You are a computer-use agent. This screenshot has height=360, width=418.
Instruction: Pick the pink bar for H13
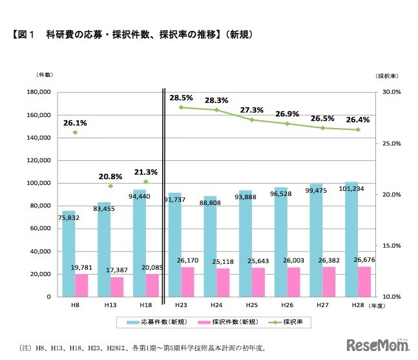click(117, 286)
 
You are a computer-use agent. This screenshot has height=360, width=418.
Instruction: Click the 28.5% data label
click(181, 98)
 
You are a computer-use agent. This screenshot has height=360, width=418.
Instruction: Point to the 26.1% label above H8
click(75, 122)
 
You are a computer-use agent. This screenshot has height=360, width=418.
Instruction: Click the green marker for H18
click(146, 182)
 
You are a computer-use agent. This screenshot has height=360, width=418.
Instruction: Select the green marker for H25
click(252, 120)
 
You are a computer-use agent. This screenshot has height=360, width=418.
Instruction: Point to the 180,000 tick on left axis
click(38, 92)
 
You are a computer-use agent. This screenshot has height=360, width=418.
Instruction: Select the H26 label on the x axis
click(287, 306)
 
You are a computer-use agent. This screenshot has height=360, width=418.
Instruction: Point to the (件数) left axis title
click(45, 76)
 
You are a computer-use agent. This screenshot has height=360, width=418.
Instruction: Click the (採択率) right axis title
click(386, 76)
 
